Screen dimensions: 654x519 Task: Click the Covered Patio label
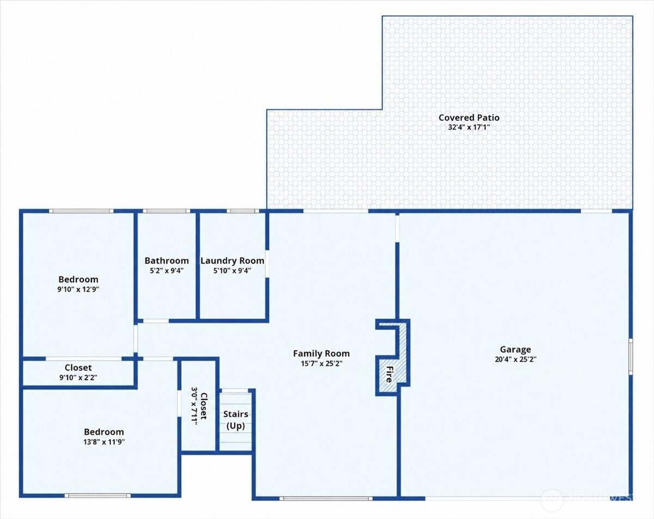coord(469,118)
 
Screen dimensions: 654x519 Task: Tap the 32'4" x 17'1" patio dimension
coord(469,127)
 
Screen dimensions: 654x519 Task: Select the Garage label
coord(516,350)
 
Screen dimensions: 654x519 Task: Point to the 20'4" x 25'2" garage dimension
coord(516,359)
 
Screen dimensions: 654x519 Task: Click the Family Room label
coord(321,354)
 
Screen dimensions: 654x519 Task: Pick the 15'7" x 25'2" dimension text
coord(322,363)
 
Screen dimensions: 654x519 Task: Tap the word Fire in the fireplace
coord(389,374)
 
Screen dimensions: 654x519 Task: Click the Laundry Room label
coord(232,260)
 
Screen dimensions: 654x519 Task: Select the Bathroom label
coord(167,260)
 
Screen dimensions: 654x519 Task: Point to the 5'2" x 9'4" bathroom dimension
coord(167,270)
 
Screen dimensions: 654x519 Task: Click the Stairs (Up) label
coord(236,420)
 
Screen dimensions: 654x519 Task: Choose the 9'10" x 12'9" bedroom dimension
coord(78,289)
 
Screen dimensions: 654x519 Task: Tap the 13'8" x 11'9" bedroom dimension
coord(104,442)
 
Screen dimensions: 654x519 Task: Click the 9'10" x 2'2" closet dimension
coord(78,377)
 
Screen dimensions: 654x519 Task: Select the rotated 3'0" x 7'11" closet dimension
coord(195,406)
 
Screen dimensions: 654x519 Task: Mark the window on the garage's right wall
coord(631,357)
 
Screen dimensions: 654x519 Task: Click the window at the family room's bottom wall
coord(326,498)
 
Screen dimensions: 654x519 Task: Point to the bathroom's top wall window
coord(167,211)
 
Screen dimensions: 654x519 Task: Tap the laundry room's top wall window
coord(243,211)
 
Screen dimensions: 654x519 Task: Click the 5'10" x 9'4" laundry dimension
coord(232,270)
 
